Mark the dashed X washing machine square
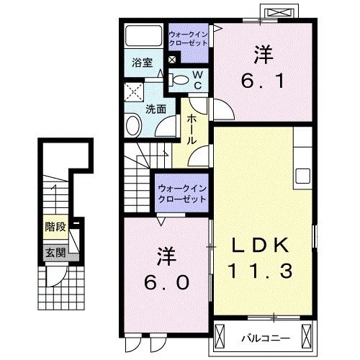pos(132,91)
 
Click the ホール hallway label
pos(192,130)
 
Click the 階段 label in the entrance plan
pos(55,227)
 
